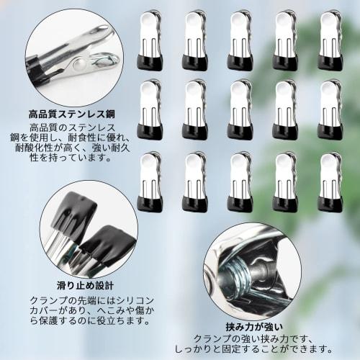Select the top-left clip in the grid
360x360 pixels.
149,40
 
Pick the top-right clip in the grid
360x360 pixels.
330,40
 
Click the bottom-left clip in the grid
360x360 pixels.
149,181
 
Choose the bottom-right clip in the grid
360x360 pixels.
330,181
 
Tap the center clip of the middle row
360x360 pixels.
239,109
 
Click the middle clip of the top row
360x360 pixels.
239,40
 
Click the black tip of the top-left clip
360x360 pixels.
149,61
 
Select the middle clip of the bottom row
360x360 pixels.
239,181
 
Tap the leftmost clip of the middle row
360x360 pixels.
149,109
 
